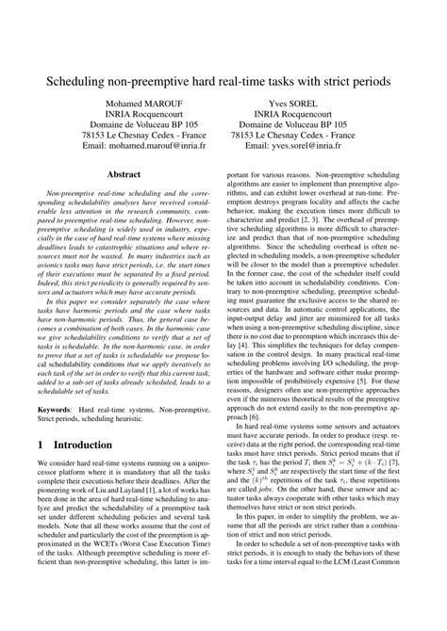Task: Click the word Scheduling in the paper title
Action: tap(78, 82)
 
